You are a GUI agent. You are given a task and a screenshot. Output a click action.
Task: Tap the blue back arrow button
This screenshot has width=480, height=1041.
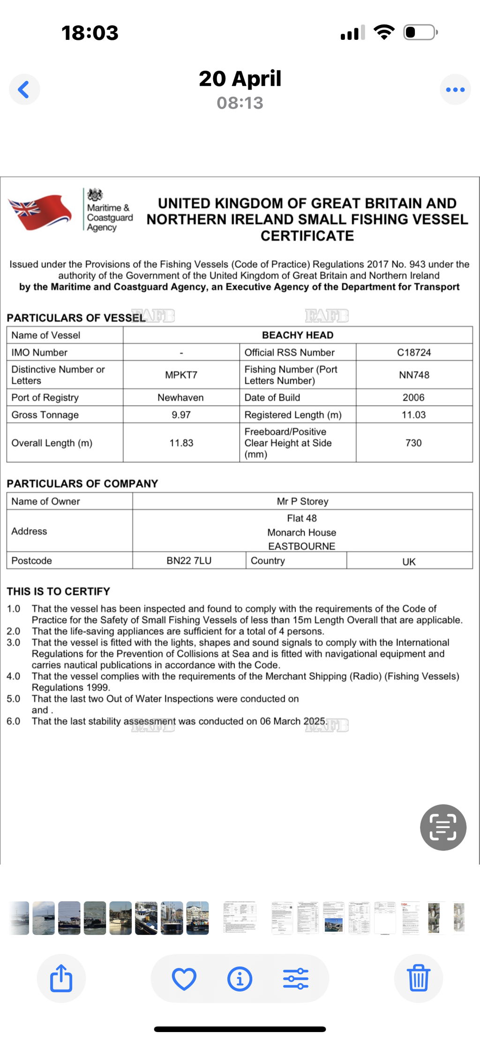click(x=24, y=89)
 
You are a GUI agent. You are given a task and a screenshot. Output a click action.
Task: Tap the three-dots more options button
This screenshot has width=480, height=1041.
click(x=455, y=89)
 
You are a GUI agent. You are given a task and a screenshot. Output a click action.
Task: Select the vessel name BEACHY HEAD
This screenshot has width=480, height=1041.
click(x=298, y=335)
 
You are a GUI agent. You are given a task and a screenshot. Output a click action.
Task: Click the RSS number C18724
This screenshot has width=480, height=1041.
click(x=414, y=352)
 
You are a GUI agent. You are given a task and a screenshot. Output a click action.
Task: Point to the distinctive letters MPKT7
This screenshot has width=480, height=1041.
click(x=181, y=375)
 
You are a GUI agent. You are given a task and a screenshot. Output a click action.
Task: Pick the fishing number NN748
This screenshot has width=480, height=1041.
click(x=414, y=375)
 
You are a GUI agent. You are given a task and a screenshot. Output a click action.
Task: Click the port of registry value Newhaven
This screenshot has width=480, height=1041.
click(x=180, y=397)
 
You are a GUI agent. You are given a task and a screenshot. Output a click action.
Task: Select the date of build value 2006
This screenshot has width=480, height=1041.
click(x=413, y=397)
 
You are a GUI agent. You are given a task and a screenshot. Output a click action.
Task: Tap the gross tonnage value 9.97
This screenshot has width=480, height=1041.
click(x=181, y=415)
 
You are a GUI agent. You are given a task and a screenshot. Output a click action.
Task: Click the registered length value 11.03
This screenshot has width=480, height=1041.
click(x=413, y=415)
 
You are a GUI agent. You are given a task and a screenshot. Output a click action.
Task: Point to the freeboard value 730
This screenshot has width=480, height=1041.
click(x=413, y=443)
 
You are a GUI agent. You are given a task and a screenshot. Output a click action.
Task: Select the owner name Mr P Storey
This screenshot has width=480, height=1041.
click(x=302, y=501)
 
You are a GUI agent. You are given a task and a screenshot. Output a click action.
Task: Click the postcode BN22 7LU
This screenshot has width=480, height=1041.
click(x=189, y=561)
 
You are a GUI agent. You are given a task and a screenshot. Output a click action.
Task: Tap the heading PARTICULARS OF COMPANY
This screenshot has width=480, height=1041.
click(x=82, y=484)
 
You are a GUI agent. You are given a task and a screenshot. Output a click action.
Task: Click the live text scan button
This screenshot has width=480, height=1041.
click(x=443, y=827)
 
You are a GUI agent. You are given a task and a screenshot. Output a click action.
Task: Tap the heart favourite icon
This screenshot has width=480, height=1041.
click(x=184, y=979)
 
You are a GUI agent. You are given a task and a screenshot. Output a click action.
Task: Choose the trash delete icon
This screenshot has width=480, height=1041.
click(x=418, y=978)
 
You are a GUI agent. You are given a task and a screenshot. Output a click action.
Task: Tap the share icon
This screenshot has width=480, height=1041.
click(x=61, y=978)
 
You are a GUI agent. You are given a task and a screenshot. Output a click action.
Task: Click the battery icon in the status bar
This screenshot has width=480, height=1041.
click(x=420, y=32)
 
